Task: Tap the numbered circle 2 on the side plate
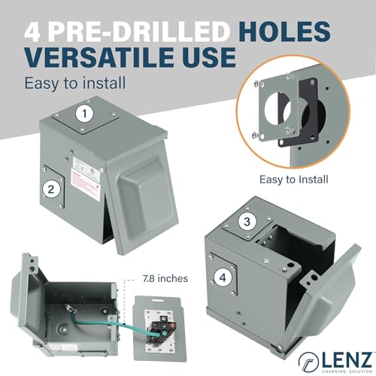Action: (x=50, y=190)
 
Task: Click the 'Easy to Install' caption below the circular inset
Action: (x=295, y=178)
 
